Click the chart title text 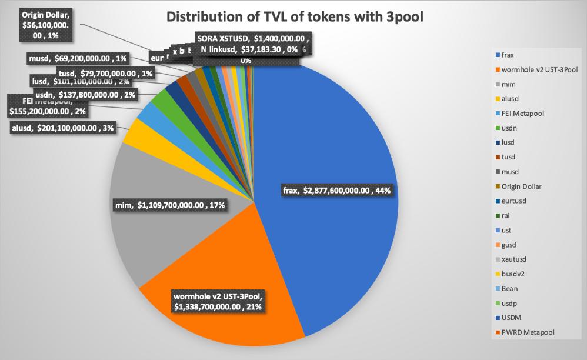[x=295, y=16]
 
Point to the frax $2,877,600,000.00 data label [x=336, y=190]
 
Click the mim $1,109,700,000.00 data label [x=170, y=205]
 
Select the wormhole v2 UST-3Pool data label [x=217, y=301]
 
